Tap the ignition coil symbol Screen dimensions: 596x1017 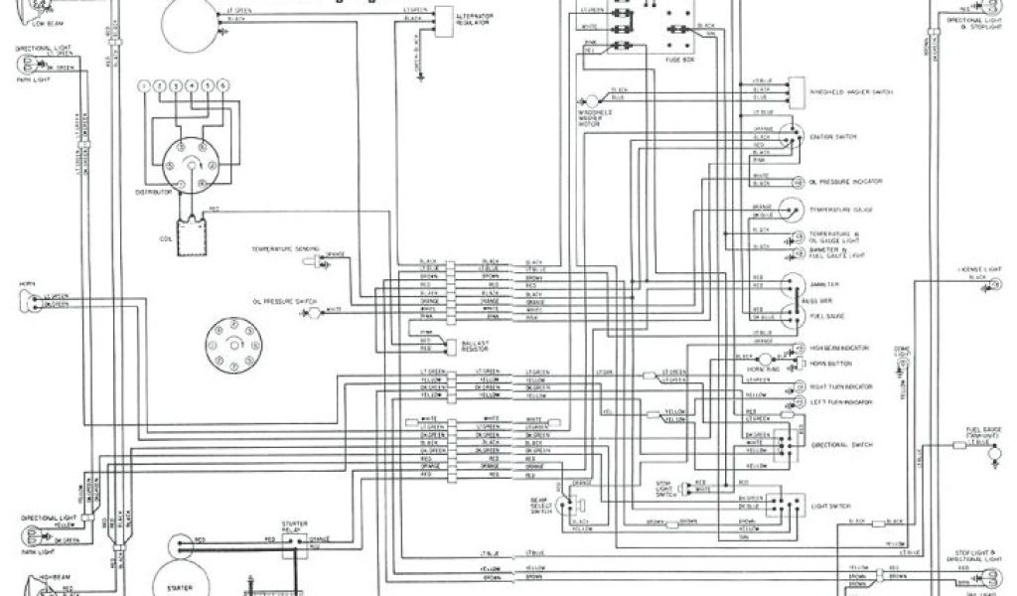click(x=186, y=234)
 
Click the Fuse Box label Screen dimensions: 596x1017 click(x=679, y=59)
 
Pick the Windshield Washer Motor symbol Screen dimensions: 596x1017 click(x=592, y=100)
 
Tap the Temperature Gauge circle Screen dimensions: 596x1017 click(x=792, y=210)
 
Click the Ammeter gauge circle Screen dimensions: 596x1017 click(x=793, y=283)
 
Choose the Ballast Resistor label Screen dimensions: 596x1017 click(x=475, y=346)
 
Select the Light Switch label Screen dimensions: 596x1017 click(x=836, y=507)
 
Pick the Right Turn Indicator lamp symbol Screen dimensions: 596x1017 click(x=798, y=384)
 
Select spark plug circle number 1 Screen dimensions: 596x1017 click(x=145, y=87)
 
